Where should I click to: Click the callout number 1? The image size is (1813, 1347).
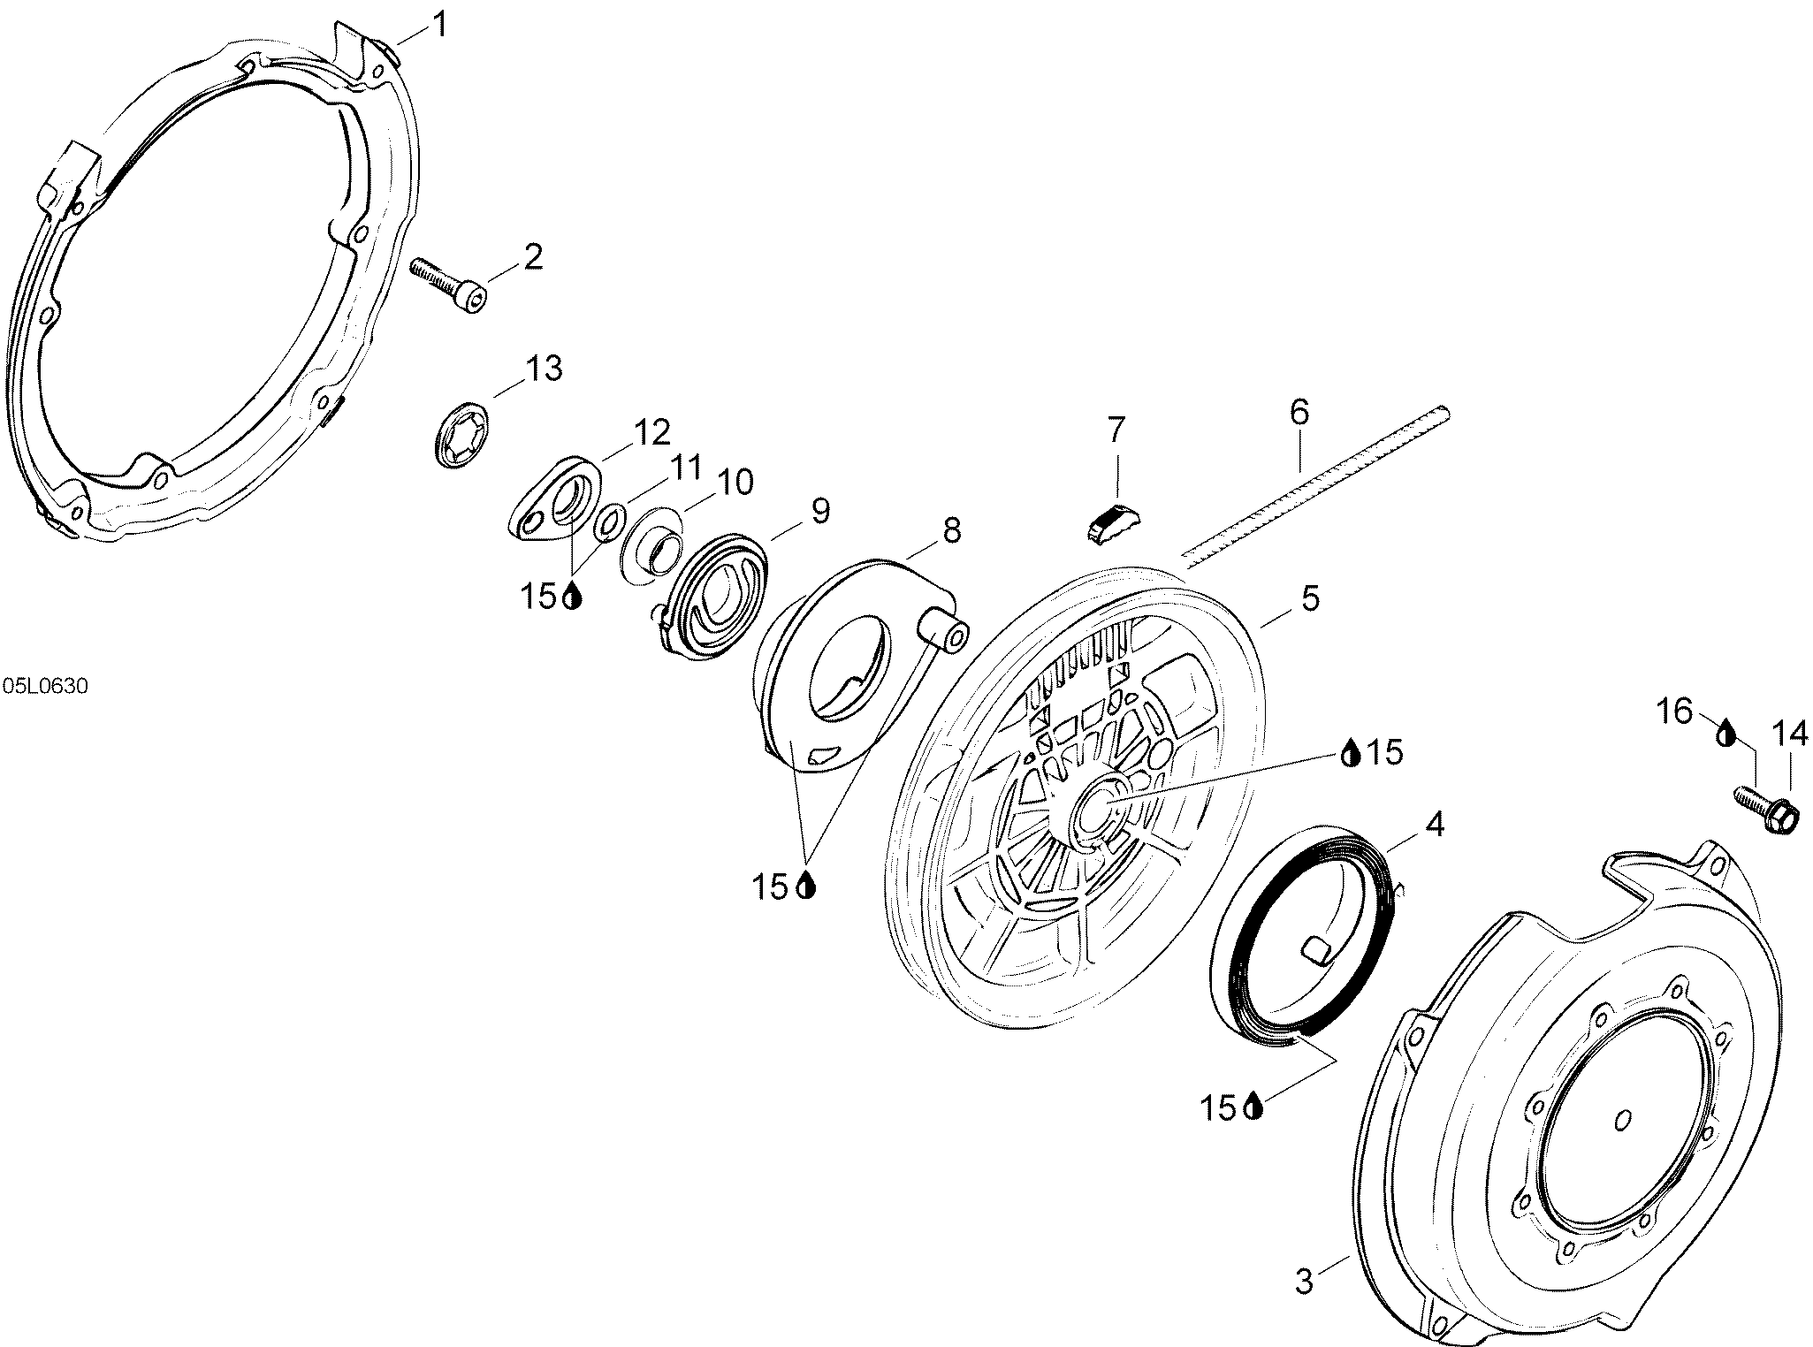point(438,25)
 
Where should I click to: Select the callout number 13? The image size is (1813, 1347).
point(544,368)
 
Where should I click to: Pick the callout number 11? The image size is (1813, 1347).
point(685,467)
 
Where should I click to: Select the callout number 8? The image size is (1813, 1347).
point(951,530)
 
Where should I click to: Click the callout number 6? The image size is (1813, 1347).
point(1299,412)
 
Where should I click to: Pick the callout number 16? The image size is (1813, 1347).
point(1674,710)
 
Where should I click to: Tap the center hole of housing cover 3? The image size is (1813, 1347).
point(1621,1121)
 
